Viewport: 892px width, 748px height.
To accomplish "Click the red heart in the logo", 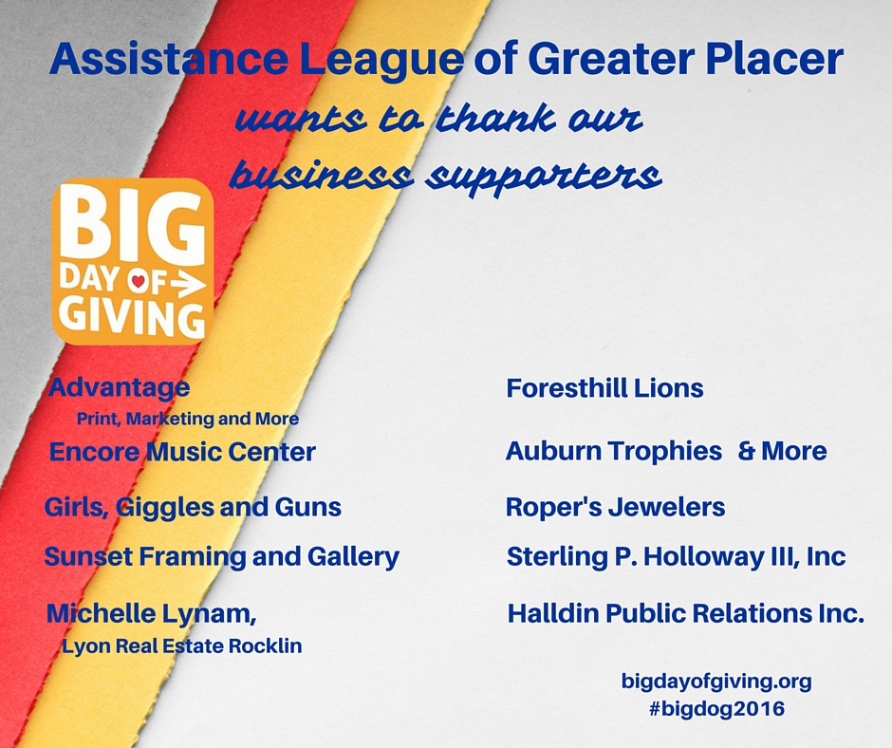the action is coord(138,281).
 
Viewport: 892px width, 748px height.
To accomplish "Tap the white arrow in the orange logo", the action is coord(188,283).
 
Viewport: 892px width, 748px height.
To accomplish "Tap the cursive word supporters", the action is coord(546,176).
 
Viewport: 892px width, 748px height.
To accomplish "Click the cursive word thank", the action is coord(496,119).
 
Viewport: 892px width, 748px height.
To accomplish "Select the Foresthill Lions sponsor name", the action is coord(604,388).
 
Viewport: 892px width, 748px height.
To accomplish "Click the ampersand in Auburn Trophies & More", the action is coord(747,451).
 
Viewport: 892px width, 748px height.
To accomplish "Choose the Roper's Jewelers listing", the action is coord(616,507).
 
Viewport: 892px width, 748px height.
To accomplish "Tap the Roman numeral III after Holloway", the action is coord(776,556).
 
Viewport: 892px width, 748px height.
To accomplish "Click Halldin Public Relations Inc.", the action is coord(685,613).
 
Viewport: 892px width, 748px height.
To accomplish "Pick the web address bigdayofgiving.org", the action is coord(716,682).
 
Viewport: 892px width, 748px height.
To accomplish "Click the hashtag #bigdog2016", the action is coord(716,709).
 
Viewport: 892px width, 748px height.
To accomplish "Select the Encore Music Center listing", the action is coord(182,452).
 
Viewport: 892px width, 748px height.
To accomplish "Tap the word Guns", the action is coord(308,507).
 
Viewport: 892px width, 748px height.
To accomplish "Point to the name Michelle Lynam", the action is coord(151,613).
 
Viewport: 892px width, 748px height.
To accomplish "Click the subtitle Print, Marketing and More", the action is coord(188,419).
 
